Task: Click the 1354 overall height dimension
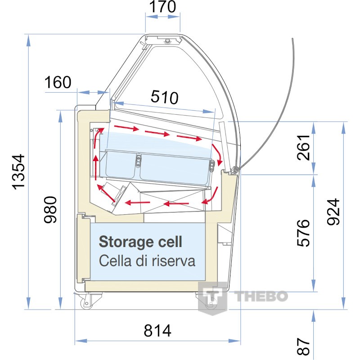pyautogui.click(x=18, y=172)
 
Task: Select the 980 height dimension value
pyautogui.click(x=50, y=210)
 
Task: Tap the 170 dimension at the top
pyautogui.click(x=162, y=7)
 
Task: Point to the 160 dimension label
pyautogui.click(x=58, y=82)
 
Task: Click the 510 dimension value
pyautogui.click(x=164, y=97)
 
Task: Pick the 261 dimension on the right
pyautogui.click(x=303, y=148)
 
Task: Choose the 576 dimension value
pyautogui.click(x=303, y=233)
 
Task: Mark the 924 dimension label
pyautogui.click(x=333, y=211)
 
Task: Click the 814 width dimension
pyautogui.click(x=157, y=331)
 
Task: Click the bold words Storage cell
pyautogui.click(x=140, y=242)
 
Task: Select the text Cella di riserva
pyautogui.click(x=147, y=261)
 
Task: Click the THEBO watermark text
pyautogui.click(x=261, y=296)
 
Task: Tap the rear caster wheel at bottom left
pyautogui.click(x=87, y=303)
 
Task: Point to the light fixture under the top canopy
pyautogui.click(x=167, y=41)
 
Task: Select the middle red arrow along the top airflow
pyautogui.click(x=157, y=133)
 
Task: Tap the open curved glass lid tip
pyautogui.click(x=292, y=39)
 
